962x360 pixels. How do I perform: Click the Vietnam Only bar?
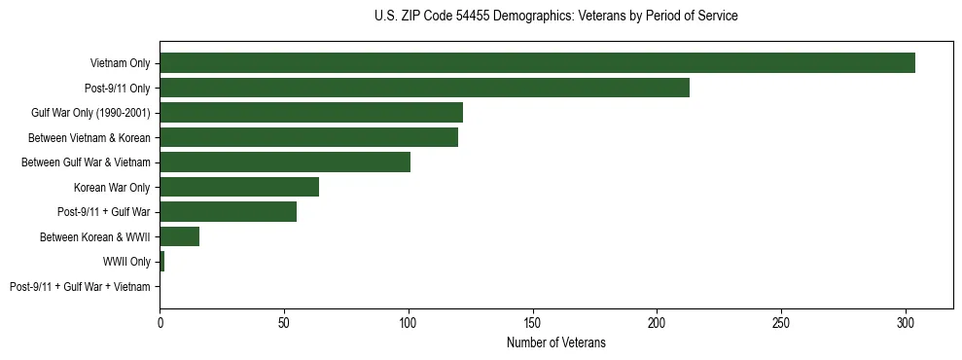(x=537, y=63)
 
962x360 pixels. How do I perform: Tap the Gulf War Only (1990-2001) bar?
(x=311, y=113)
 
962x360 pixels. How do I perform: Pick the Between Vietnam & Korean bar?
(x=308, y=137)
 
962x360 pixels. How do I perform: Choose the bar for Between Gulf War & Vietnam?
(x=285, y=162)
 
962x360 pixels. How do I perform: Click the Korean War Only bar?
(x=239, y=187)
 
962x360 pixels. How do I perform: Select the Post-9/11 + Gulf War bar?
(x=228, y=212)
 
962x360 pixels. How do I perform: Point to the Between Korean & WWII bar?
(x=180, y=236)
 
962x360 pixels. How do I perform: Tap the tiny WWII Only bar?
(x=162, y=262)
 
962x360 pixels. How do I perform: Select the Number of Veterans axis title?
(x=555, y=342)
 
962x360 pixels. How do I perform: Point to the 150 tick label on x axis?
(x=533, y=322)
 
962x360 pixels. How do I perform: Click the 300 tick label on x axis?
(x=906, y=322)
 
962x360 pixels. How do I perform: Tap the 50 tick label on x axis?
(x=284, y=322)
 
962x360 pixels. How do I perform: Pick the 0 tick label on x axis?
(x=160, y=322)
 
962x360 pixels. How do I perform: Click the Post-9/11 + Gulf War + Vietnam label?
(x=80, y=287)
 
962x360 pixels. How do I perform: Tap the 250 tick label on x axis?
(x=781, y=322)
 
